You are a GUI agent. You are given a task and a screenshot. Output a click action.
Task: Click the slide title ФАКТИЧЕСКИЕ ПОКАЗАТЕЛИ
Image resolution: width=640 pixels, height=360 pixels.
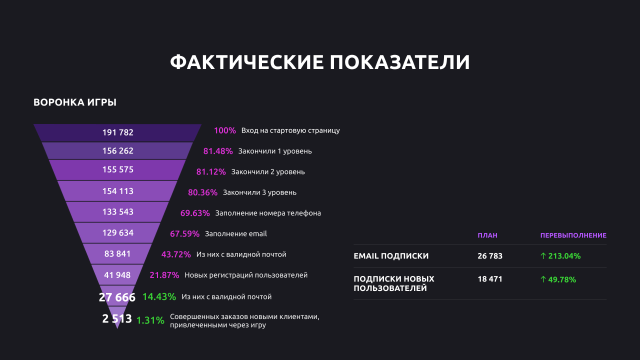320,62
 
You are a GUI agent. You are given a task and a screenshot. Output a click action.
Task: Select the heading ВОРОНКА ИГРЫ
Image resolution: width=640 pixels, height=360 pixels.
75,102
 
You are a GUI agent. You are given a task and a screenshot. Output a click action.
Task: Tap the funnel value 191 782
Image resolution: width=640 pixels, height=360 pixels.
118,132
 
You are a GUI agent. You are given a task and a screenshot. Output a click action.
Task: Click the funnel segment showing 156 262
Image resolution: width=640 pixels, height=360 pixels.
118,151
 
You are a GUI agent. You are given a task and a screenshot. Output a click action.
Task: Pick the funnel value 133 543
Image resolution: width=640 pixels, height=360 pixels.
118,212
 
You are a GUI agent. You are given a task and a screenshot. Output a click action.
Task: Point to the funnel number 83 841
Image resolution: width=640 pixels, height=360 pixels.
117,254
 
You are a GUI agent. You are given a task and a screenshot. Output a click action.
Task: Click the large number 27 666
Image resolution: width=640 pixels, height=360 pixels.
117,297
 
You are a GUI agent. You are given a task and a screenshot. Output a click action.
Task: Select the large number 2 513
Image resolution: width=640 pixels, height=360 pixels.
117,319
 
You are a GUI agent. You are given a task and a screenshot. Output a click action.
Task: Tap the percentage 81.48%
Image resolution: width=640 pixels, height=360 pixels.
218,151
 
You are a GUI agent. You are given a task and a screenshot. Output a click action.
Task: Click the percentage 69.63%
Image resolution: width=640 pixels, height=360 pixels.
195,213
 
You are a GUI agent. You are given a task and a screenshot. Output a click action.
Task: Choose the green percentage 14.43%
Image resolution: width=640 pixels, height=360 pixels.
159,296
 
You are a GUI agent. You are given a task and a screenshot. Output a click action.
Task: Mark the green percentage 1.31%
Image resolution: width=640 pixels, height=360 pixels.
150,320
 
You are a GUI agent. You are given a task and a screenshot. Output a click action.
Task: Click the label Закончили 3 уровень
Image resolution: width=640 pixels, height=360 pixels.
259,192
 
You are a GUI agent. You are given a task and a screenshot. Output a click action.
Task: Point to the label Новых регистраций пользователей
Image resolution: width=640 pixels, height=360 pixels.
246,275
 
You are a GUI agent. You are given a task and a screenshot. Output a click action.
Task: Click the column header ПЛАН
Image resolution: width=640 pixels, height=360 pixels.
487,235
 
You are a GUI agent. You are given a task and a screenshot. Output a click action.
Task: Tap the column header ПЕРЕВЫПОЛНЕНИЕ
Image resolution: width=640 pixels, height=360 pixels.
573,235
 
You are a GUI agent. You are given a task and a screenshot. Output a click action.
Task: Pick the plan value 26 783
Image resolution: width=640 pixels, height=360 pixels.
490,256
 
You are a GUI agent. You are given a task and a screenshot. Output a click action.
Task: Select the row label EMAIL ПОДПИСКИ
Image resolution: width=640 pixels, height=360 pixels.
391,256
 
